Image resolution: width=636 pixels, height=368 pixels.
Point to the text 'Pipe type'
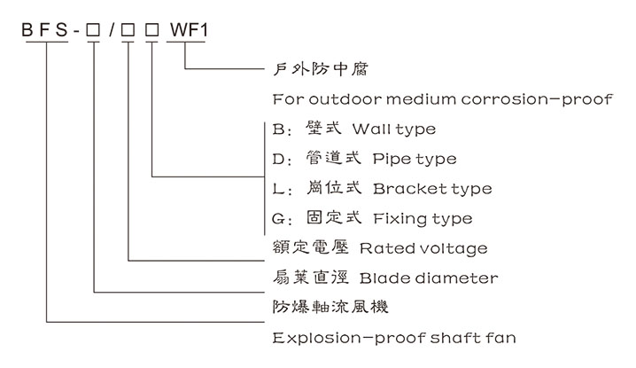coord(415,160)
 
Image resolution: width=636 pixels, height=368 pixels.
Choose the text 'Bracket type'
coord(432,189)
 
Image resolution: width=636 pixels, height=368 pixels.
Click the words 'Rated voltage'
coord(423,248)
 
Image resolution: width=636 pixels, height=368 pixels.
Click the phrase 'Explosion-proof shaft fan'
coord(394,338)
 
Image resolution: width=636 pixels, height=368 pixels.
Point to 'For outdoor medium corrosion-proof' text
coord(442,98)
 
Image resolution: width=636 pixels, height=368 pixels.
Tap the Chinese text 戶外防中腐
coord(306,68)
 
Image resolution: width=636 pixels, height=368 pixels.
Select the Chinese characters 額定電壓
coord(301,248)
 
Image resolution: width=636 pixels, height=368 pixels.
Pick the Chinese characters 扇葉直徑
coord(301,278)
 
